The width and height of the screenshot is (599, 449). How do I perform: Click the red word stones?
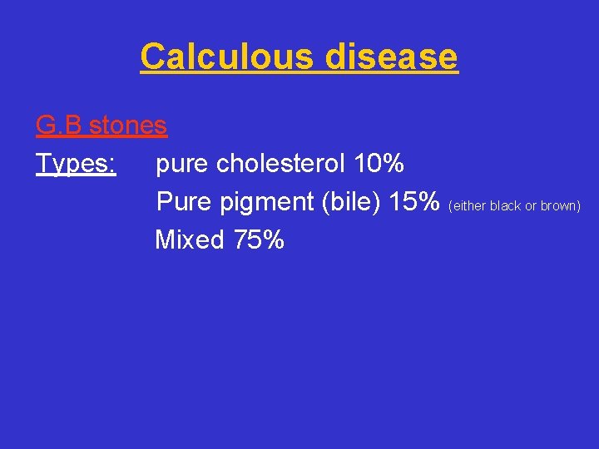[128, 126]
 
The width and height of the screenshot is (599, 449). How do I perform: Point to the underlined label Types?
[76, 164]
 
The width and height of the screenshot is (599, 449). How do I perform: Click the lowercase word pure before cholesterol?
[182, 165]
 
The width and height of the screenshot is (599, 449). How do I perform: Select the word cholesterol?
[280, 164]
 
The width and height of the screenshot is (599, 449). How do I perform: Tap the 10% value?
[379, 164]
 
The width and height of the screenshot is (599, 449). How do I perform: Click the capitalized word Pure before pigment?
[184, 202]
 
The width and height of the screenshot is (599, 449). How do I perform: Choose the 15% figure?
[415, 202]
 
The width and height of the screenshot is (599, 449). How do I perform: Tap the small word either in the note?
[468, 205]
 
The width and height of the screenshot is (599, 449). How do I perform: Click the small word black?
[505, 205]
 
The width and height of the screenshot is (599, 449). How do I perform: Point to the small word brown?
[560, 205]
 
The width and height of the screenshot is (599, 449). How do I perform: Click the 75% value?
[259, 240]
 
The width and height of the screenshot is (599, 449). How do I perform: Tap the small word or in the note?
[530, 206]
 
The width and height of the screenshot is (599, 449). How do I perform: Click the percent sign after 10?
[394, 164]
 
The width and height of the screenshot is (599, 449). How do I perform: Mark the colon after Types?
[112, 165]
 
